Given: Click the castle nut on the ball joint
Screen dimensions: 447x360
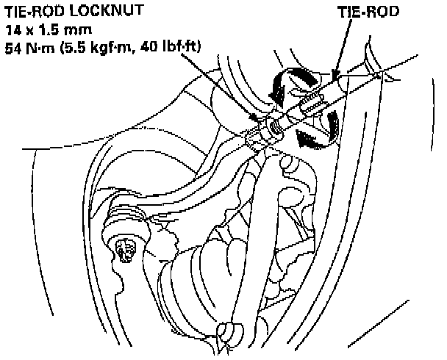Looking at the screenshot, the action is coord(124,250).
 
